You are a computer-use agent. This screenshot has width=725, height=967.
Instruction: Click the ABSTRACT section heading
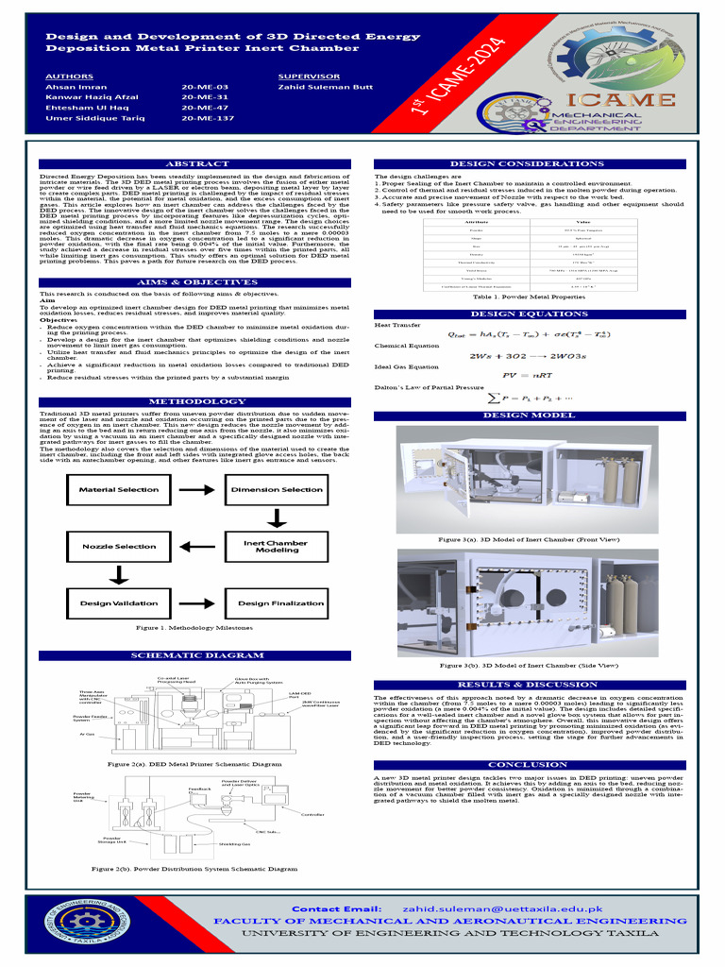point(195,164)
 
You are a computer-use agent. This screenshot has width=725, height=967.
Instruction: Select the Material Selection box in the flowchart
point(118,490)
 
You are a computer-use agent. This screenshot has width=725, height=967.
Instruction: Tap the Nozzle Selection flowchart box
point(118,547)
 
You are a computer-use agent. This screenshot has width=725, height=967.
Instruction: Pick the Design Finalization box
point(280,603)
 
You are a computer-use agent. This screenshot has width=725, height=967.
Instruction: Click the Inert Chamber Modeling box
point(276,547)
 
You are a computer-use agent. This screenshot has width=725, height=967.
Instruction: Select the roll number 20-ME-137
point(208,120)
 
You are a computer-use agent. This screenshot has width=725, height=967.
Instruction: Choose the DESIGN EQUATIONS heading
point(529,314)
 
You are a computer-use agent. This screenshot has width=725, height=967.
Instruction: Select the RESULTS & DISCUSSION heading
point(529,685)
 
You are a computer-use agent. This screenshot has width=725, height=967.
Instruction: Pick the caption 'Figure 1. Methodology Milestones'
point(194,628)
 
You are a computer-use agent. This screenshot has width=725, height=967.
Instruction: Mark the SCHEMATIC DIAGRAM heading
point(195,655)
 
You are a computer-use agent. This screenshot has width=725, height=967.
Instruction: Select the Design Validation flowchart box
point(118,603)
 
